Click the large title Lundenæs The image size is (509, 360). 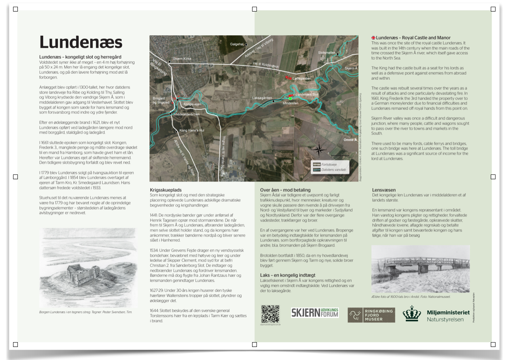pos(81,42)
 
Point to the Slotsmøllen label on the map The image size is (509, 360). pos(327,53)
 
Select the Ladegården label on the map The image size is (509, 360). pos(302,79)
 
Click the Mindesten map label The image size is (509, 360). pos(291,103)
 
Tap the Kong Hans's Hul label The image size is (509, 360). pos(191,130)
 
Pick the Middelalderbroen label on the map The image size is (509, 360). pos(186,114)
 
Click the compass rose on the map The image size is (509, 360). pos(319,150)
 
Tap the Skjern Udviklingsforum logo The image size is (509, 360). pos(315,312)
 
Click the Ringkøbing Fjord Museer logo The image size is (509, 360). pos(371,315)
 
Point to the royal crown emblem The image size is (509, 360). pos(412,314)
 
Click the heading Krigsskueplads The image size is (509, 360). pos(166,190)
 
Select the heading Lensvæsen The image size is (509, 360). pos(384,190)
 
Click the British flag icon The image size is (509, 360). pos(373,38)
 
